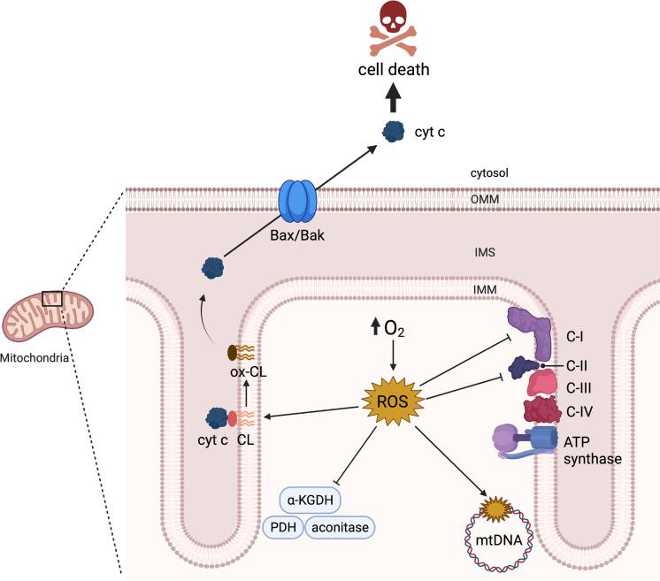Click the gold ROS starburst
coord(392,403)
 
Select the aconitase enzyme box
coord(341,527)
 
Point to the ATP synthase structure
coord(526,440)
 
